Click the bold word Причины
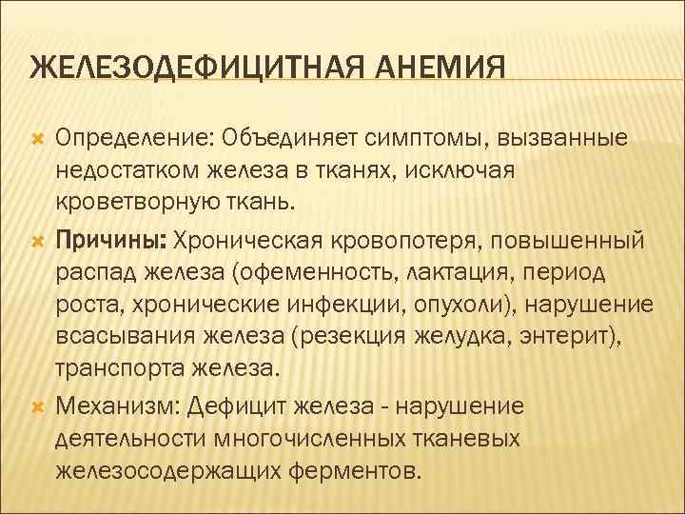point(106,236)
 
